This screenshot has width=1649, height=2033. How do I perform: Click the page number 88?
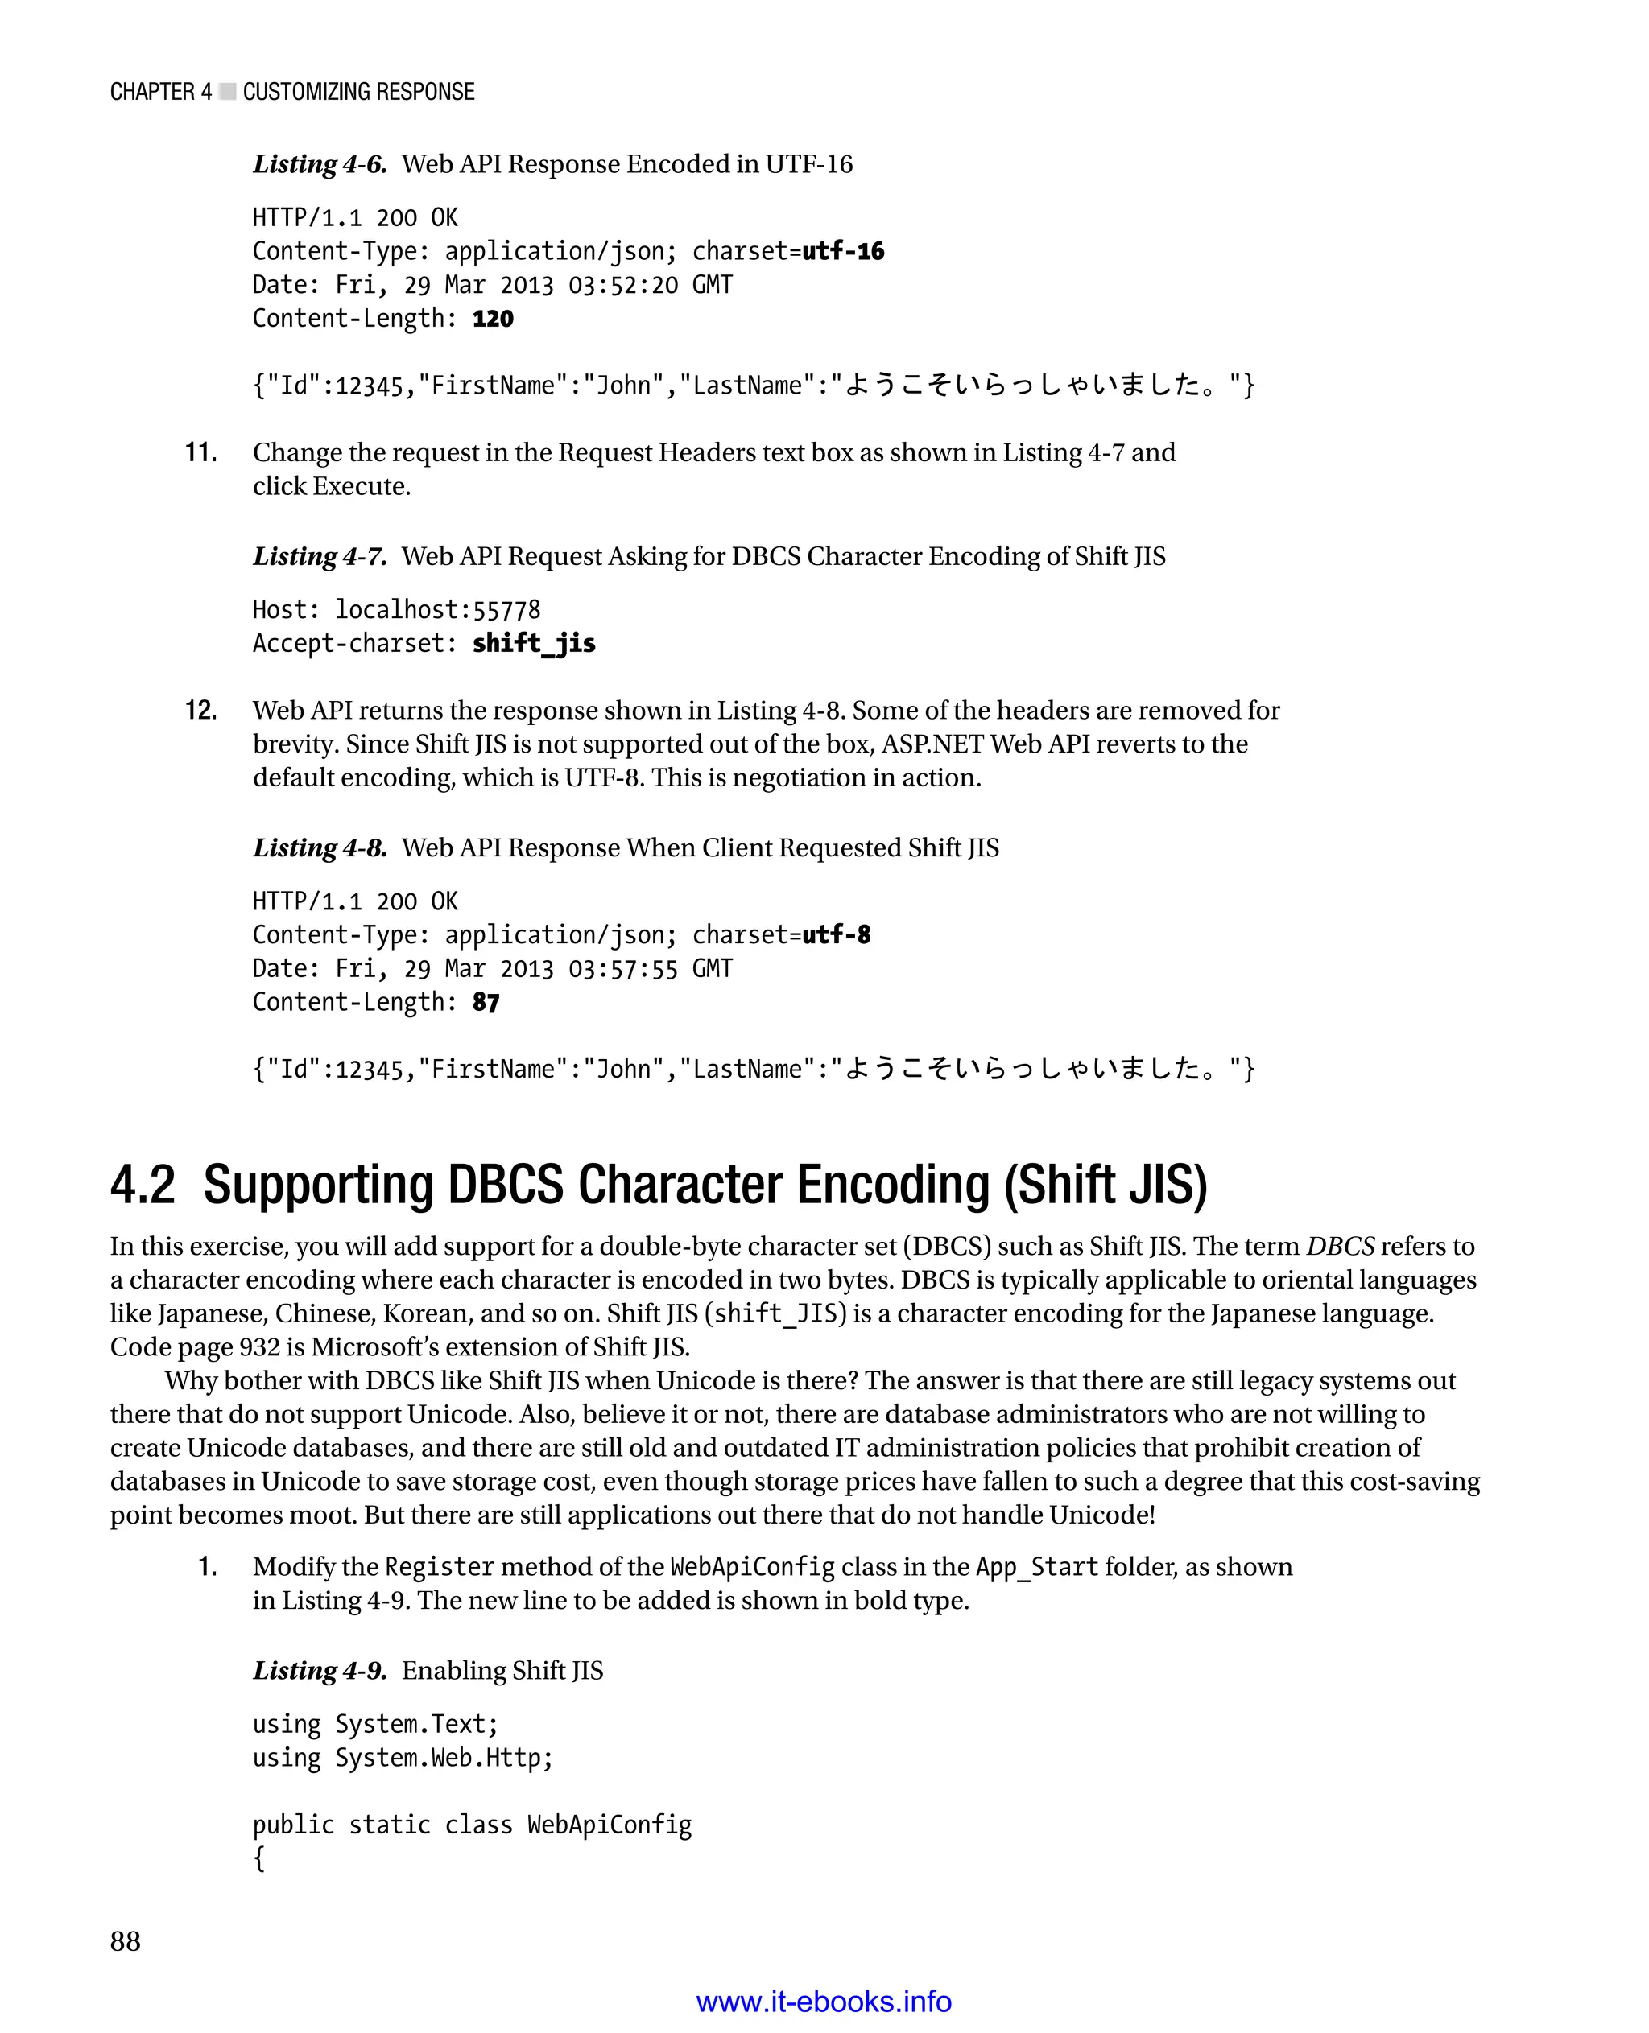(x=126, y=1941)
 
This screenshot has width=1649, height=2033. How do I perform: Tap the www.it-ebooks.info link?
(x=824, y=2002)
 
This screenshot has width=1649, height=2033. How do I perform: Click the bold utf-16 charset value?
(x=842, y=252)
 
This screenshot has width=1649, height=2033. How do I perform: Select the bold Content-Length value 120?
(x=492, y=319)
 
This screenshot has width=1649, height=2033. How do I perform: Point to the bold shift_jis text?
(x=534, y=644)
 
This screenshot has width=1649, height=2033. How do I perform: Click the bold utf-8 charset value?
(x=836, y=935)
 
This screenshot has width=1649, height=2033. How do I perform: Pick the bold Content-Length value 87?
(x=486, y=1003)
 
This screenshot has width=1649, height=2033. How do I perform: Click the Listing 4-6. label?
(x=319, y=164)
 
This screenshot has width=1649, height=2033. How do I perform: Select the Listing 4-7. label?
(x=319, y=556)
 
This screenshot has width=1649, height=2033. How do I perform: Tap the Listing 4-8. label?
(x=319, y=848)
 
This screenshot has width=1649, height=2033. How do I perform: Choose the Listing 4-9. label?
(x=319, y=1670)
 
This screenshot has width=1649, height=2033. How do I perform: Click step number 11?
(x=200, y=453)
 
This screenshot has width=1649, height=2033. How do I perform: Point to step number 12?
(x=200, y=711)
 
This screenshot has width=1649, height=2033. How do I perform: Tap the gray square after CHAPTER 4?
(x=227, y=92)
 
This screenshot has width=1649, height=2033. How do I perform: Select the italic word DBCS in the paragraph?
(x=1341, y=1247)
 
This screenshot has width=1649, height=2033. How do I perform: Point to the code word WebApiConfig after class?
(x=609, y=1825)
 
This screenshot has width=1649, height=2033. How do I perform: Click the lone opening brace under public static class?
(x=258, y=1858)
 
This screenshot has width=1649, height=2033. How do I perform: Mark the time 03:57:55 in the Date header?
(x=623, y=970)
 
